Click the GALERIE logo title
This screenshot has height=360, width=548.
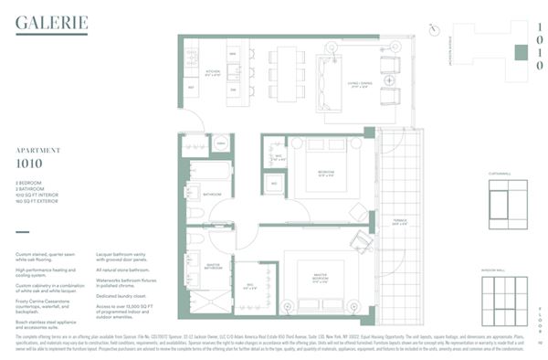click(x=52, y=22)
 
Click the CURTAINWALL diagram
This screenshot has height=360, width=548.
click(x=508, y=202)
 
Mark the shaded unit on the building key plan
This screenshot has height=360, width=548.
click(x=519, y=52)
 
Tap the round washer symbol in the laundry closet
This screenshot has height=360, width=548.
click(x=220, y=143)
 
